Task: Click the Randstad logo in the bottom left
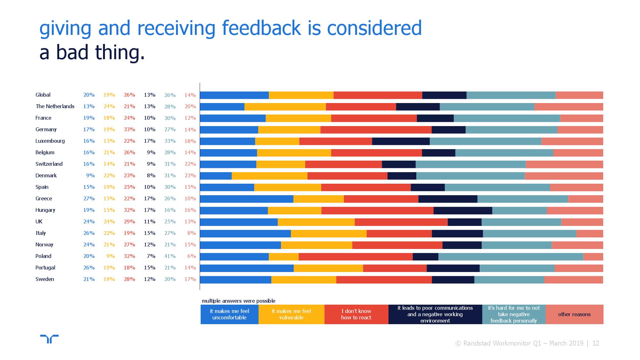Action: (49, 339)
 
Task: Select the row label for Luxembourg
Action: (50, 141)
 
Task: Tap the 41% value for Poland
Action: (170, 256)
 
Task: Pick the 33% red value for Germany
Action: (129, 130)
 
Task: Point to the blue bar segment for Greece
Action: (246, 199)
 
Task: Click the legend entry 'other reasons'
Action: (574, 314)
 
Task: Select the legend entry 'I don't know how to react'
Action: (356, 314)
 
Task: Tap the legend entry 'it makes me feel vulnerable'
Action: (291, 314)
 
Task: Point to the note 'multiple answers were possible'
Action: (238, 301)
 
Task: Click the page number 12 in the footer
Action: (596, 343)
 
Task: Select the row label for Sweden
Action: (45, 279)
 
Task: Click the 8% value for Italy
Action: (191, 233)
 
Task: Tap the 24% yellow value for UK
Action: (109, 222)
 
